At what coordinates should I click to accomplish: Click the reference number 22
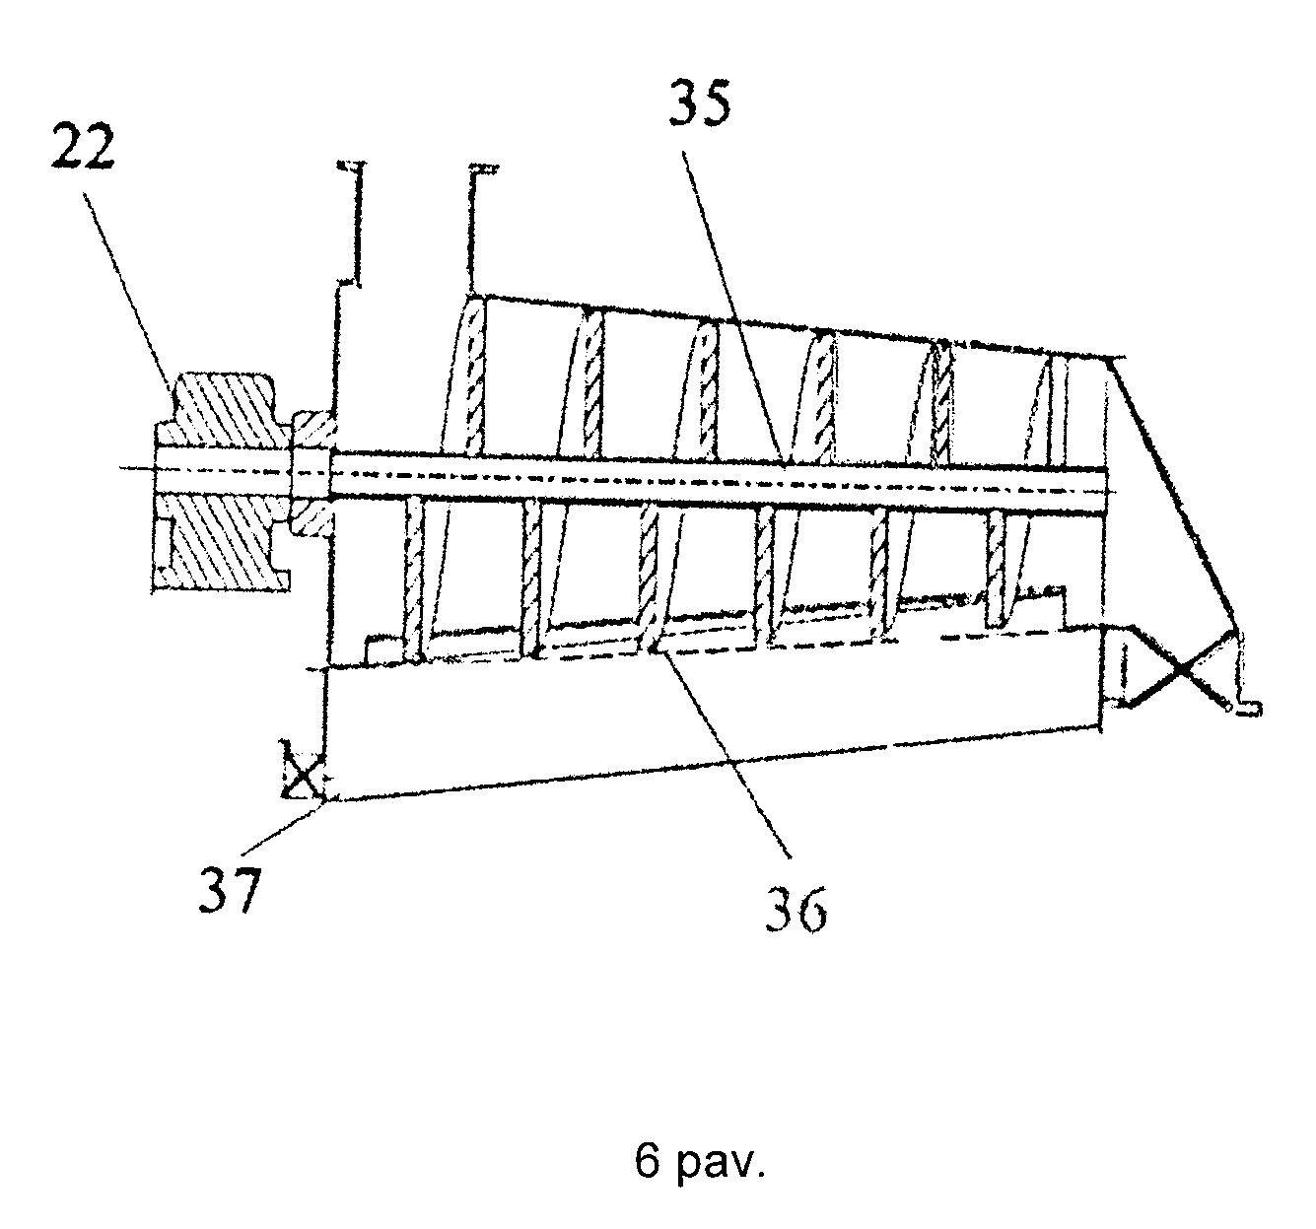pos(84,147)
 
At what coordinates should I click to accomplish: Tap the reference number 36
pos(796,909)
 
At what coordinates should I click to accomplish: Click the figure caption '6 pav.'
pos(700,1160)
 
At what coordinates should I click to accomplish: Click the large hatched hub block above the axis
pos(224,413)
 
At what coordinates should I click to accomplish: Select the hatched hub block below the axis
pos(222,542)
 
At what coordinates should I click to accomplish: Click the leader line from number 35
pos(734,308)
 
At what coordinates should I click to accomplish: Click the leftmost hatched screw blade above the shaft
pos(474,376)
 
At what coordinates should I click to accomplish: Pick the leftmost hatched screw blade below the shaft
pos(413,580)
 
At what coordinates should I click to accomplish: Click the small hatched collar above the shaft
pos(312,430)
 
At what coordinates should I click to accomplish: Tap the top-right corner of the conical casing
pos(1114,359)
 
